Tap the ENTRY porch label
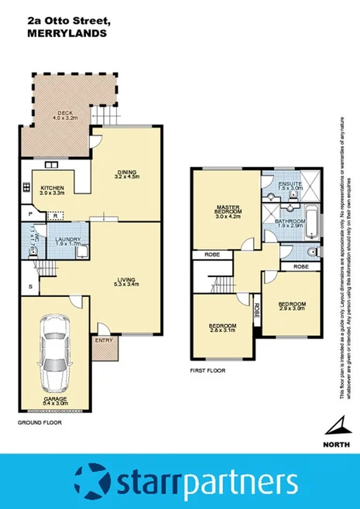(x=103, y=340)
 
